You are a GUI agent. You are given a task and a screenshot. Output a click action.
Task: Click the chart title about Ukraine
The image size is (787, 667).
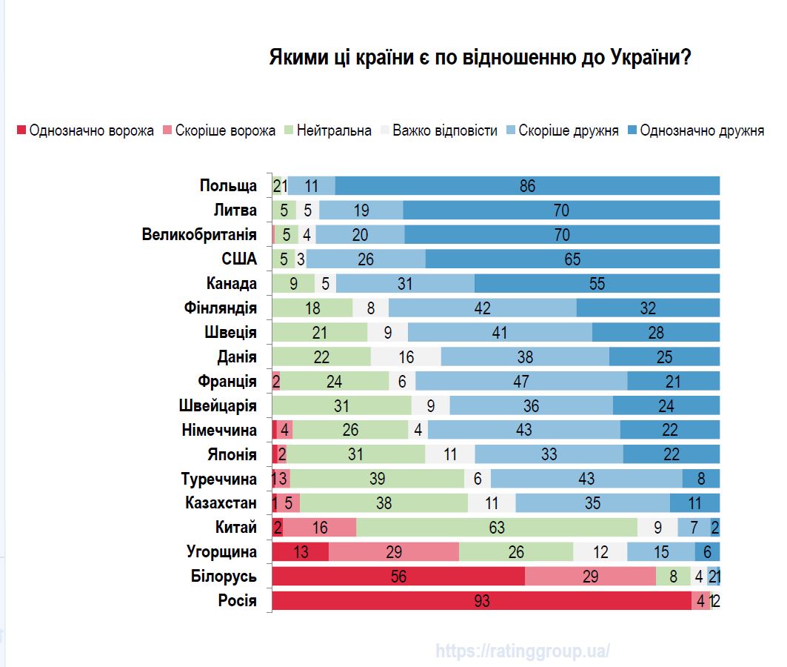(479, 59)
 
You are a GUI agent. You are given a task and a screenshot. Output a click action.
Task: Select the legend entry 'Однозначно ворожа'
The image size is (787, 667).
(85, 131)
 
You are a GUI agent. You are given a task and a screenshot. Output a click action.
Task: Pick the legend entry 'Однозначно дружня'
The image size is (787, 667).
(695, 131)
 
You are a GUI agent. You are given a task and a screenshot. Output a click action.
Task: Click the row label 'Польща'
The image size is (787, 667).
(228, 186)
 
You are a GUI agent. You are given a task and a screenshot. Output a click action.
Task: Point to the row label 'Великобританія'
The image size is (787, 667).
(199, 235)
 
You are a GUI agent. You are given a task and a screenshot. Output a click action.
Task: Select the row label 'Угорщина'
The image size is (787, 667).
(221, 552)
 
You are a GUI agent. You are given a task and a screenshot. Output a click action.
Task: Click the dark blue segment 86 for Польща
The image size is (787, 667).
(527, 186)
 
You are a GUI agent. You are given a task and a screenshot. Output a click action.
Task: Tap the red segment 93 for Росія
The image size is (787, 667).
(481, 601)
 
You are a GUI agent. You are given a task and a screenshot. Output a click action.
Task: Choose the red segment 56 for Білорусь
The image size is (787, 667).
(398, 577)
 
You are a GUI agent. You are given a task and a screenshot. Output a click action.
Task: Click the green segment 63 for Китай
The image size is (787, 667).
(496, 528)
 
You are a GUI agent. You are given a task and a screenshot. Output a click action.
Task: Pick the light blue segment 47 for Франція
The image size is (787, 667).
(521, 381)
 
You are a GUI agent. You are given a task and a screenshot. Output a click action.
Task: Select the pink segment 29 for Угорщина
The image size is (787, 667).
(394, 552)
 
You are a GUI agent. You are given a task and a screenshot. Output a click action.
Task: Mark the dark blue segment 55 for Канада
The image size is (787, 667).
(597, 284)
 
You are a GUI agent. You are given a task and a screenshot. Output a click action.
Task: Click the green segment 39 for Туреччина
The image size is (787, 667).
(377, 479)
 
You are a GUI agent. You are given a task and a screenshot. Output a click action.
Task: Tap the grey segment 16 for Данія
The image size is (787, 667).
(406, 356)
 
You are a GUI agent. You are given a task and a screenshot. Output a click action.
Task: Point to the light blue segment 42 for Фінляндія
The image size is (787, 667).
(482, 308)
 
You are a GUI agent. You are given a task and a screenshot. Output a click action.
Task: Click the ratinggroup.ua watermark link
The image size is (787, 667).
(523, 651)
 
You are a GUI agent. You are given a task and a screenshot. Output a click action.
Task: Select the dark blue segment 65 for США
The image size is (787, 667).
(572, 259)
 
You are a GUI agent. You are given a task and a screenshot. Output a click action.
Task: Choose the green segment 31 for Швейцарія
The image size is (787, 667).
(342, 405)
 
